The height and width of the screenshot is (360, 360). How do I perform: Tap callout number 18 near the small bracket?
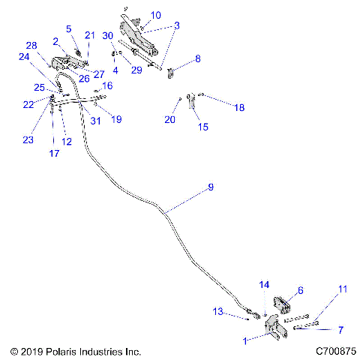point(238,108)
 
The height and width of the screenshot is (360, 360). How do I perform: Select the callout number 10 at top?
point(155,15)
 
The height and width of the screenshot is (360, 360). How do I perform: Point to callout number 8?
point(198,58)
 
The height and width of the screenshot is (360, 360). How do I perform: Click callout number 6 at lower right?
point(301,290)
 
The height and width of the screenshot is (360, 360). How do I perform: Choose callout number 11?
point(343,289)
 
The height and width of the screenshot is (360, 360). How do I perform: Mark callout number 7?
point(341,329)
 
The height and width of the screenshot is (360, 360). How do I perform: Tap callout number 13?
point(239,311)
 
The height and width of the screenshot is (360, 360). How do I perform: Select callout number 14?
point(263,285)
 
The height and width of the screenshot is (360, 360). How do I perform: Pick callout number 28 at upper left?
point(31,46)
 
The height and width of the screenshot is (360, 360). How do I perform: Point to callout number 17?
point(53,154)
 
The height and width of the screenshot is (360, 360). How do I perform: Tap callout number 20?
point(170,119)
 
